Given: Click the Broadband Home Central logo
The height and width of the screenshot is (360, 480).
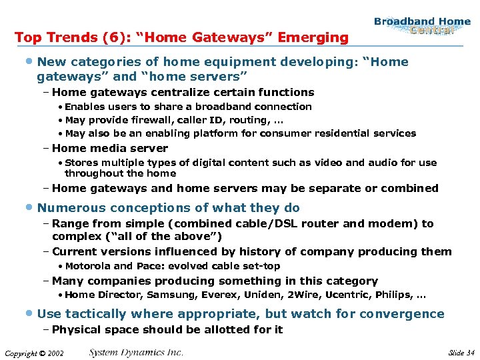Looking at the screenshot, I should (422, 25).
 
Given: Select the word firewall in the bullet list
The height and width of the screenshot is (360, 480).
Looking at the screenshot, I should (144, 120).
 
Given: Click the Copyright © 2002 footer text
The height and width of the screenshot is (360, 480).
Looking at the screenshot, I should (33, 353).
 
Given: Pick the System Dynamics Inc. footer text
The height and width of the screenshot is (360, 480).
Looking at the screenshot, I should (136, 352).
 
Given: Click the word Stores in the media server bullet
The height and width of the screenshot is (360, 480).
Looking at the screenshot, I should (81, 162).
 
